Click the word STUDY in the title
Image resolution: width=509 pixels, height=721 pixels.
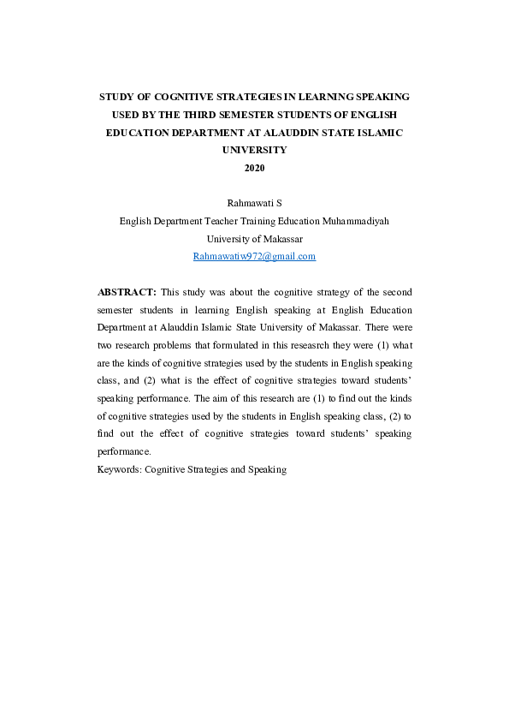117,98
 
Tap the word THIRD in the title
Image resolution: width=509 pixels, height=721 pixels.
216,115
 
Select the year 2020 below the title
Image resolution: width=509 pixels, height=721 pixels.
255,167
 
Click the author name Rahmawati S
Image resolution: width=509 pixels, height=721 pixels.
254,204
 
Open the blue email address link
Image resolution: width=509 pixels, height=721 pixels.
255,256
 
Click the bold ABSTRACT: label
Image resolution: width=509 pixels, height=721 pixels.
127,292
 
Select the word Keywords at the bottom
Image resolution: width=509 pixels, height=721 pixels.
119,470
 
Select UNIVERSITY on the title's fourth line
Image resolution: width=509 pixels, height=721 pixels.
255,150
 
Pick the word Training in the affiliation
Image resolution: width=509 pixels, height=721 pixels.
267,220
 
